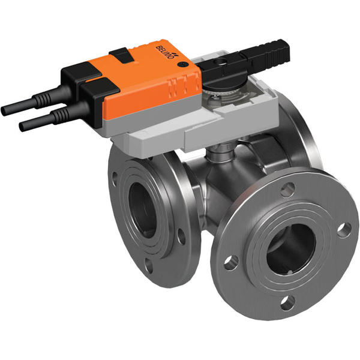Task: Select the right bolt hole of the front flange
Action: [343, 229]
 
